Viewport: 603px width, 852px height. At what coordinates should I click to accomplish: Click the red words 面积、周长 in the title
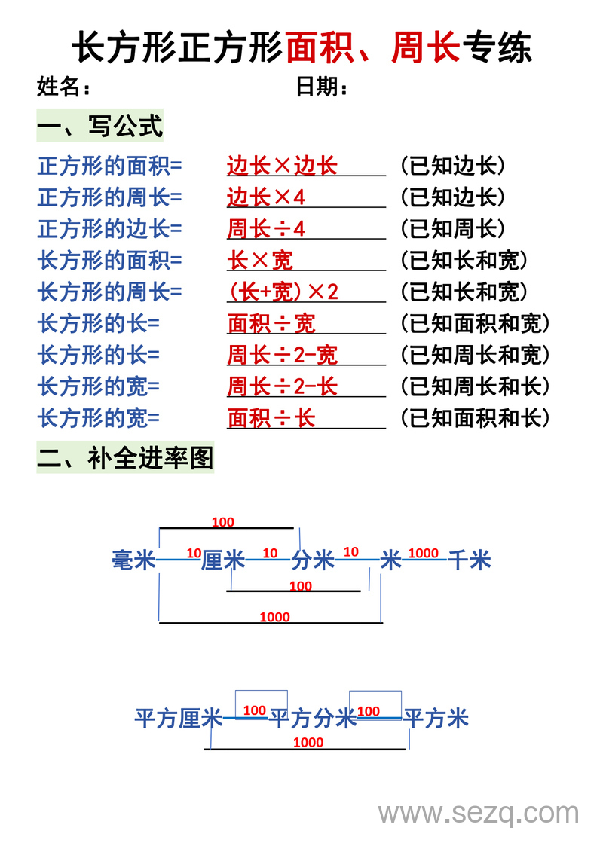click(x=373, y=47)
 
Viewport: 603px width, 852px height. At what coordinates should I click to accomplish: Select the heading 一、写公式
click(x=99, y=126)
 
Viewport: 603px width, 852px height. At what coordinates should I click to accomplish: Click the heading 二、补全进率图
click(x=125, y=457)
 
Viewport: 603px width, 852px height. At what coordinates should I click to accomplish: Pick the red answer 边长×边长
click(x=282, y=166)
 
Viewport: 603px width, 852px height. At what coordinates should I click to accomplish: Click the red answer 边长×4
click(x=266, y=197)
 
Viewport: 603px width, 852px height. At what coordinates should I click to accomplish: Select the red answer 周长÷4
click(x=266, y=229)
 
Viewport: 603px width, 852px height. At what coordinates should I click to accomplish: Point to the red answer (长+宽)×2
click(x=283, y=292)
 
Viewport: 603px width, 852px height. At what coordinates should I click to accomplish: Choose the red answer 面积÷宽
click(x=271, y=324)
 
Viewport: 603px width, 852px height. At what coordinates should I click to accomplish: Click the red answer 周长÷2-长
click(x=282, y=387)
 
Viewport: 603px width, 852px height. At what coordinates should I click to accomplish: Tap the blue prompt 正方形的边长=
click(x=110, y=229)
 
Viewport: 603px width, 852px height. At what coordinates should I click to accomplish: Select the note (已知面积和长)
click(x=474, y=418)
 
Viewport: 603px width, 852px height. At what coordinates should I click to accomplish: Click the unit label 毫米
click(x=133, y=560)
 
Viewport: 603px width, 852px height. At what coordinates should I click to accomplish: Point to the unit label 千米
click(x=470, y=560)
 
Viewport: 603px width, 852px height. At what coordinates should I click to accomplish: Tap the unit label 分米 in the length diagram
click(x=313, y=560)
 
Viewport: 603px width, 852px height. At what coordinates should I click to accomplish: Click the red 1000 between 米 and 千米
click(x=423, y=553)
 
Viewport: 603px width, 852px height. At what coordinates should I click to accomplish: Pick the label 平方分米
click(x=312, y=719)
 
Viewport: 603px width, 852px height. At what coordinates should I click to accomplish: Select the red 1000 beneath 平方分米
click(x=308, y=742)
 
